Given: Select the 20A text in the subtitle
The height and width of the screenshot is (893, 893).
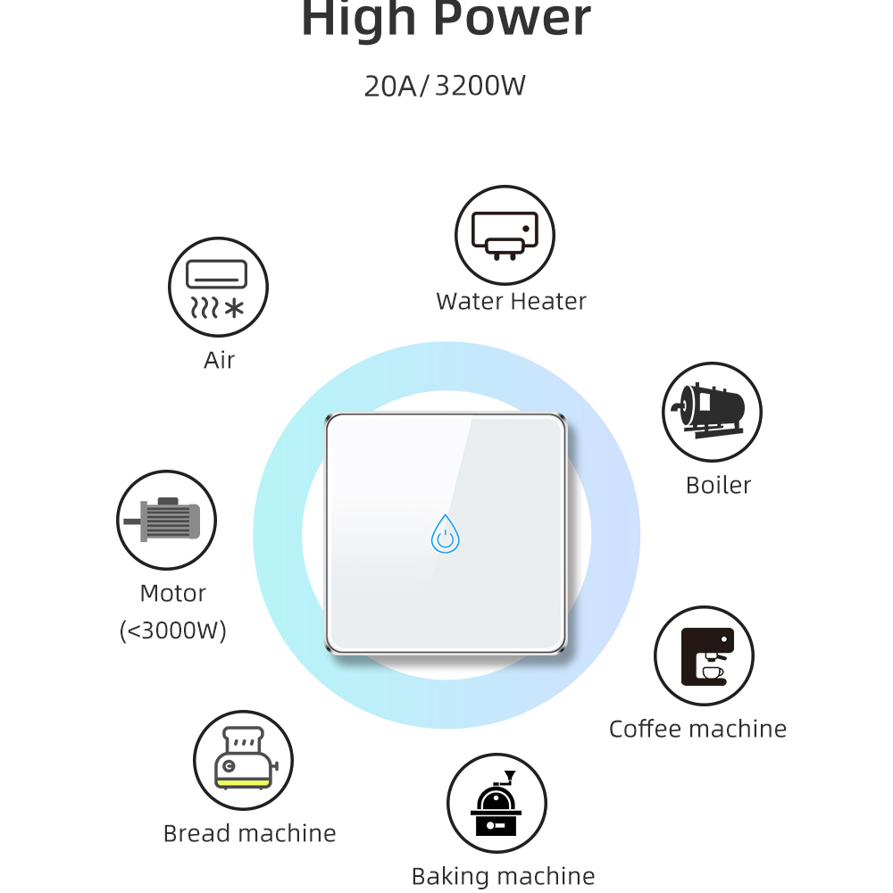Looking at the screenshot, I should pyautogui.click(x=390, y=87).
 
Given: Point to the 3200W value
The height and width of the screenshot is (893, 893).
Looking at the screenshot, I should pyautogui.click(x=480, y=87).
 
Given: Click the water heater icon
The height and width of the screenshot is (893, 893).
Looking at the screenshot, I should pyautogui.click(x=505, y=235).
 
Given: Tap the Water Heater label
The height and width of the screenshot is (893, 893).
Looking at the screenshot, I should pyautogui.click(x=511, y=302).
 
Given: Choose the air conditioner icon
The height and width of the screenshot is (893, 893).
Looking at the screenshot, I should pyautogui.click(x=218, y=287).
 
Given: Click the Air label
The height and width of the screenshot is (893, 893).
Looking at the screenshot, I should pyautogui.click(x=219, y=360).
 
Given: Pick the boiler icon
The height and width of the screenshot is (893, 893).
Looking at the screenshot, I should pyautogui.click(x=712, y=412).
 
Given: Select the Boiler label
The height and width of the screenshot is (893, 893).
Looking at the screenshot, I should pyautogui.click(x=718, y=485).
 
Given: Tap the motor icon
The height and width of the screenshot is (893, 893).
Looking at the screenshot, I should pyautogui.click(x=167, y=520).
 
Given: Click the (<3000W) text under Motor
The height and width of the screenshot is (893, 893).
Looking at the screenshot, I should pyautogui.click(x=173, y=630).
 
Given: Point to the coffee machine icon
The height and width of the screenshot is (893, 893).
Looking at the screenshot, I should pyautogui.click(x=704, y=655).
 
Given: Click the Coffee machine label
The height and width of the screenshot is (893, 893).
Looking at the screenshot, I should pyautogui.click(x=697, y=729).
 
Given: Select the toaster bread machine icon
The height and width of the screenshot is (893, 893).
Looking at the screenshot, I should pyautogui.click(x=243, y=760).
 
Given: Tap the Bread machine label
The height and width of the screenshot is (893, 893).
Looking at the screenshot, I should pyautogui.click(x=249, y=833).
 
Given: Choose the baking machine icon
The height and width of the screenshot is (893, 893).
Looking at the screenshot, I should pyautogui.click(x=497, y=804).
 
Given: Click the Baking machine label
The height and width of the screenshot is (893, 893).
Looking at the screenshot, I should pyautogui.click(x=503, y=876).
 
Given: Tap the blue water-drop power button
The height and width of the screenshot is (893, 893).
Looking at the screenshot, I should pyautogui.click(x=445, y=534).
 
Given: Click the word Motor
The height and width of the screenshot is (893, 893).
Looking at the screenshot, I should pyautogui.click(x=173, y=593).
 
